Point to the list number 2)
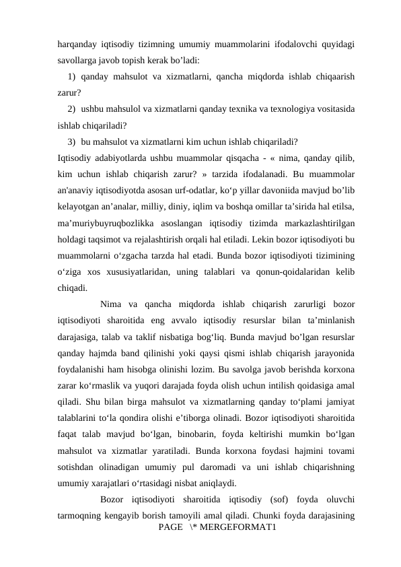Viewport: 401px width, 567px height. coord(72,108)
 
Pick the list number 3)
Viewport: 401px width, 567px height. coord(72,141)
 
